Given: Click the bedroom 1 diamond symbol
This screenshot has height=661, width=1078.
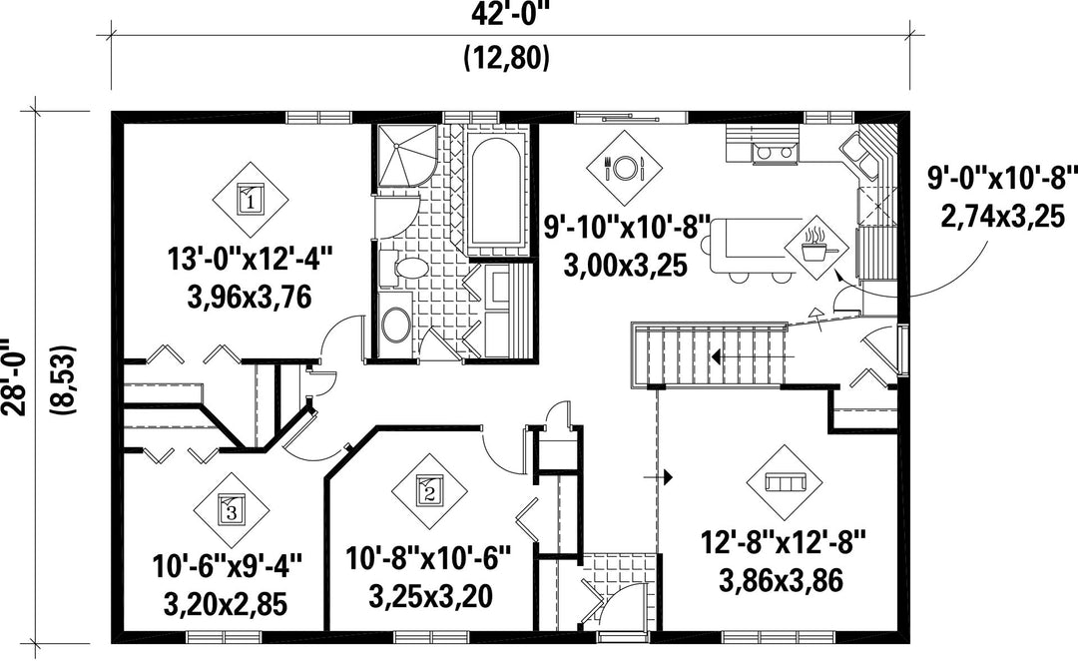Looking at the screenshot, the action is click(x=250, y=201).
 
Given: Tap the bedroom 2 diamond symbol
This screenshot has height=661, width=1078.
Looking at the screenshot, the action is click(x=429, y=492).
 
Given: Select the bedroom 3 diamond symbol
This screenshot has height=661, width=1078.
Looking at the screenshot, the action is click(x=231, y=510).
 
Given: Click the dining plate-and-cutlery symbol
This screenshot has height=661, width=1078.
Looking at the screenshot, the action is click(x=624, y=167).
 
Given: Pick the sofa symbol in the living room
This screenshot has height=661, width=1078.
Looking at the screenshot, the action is click(x=785, y=483).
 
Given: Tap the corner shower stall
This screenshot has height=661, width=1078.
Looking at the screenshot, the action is click(x=405, y=156).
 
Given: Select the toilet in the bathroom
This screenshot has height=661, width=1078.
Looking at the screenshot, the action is click(x=405, y=268).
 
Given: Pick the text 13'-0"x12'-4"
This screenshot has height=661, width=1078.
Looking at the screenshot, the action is click(x=251, y=262).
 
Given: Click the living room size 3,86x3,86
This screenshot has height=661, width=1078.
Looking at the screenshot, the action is click(x=782, y=581).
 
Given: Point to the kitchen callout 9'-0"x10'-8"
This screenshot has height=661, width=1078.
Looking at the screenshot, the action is click(x=1000, y=180).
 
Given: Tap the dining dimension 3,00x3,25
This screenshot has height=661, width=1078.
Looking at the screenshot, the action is click(x=626, y=265).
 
